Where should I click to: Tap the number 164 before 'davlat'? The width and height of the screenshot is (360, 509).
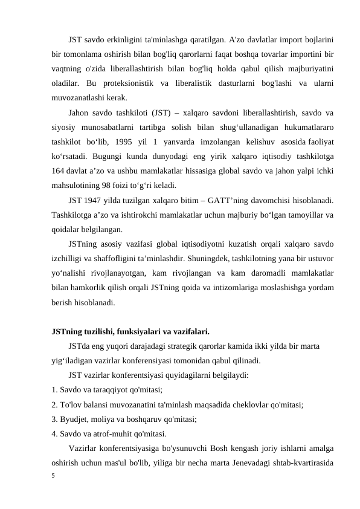pyautogui.click(x=59, y=172)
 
